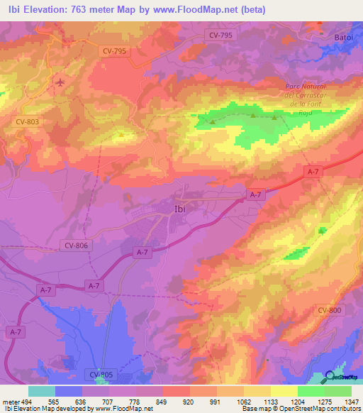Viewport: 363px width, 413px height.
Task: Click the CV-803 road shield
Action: tap(28, 122)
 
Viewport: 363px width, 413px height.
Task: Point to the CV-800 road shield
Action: tap(330, 310)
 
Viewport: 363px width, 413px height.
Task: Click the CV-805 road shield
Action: tap(103, 374)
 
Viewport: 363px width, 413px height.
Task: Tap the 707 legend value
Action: tap(108, 401)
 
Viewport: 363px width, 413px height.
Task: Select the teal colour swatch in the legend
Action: tap(42, 391)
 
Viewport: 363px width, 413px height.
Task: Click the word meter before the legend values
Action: tap(9, 401)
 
